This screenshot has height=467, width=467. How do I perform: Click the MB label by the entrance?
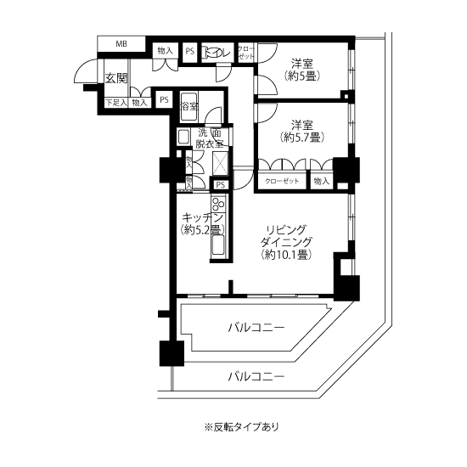[121, 43]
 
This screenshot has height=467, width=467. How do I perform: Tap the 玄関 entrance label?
[116, 78]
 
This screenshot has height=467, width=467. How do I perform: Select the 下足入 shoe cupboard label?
[115, 103]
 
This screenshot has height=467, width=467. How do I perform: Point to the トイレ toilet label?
[218, 52]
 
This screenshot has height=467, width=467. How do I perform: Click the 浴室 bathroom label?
[189, 107]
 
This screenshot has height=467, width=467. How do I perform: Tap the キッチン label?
[200, 217]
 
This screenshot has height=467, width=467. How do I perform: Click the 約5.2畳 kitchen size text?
[200, 230]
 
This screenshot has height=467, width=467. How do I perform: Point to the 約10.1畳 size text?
[284, 254]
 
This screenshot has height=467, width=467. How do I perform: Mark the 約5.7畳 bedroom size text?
[302, 137]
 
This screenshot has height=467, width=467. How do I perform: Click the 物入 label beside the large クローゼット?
[321, 181]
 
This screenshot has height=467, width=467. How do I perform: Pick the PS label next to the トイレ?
[190, 51]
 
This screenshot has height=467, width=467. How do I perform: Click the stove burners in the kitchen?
[218, 206]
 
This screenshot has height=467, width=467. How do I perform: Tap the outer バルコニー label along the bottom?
[256, 375]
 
